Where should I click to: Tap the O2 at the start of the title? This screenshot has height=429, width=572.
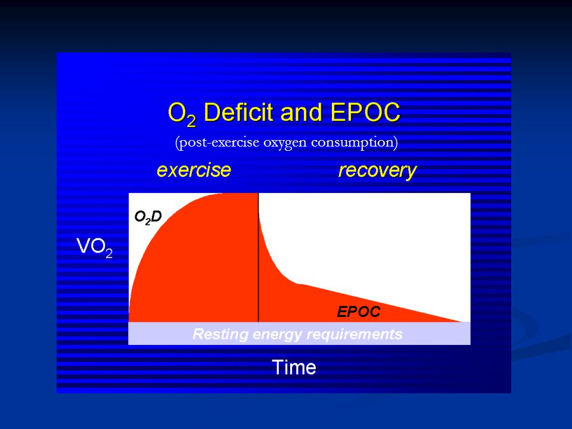(182, 114)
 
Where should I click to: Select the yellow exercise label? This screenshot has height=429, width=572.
(194, 170)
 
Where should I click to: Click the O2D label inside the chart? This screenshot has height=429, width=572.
(148, 217)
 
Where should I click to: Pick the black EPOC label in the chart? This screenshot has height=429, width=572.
(359, 312)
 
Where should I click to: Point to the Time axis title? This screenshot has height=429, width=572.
(294, 367)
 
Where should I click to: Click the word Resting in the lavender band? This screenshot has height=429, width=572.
(220, 334)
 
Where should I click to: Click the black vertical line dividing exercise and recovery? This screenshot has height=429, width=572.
(258, 257)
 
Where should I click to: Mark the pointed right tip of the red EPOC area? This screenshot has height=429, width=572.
(462, 322)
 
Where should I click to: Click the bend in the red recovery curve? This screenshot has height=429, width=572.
(297, 283)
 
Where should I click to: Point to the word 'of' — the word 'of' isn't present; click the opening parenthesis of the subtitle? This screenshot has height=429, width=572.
(177, 142)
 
